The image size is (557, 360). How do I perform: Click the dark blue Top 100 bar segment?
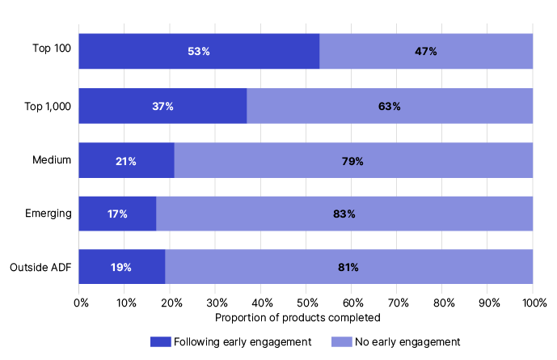[x=199, y=51]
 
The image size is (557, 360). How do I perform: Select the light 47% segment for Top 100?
[x=426, y=51]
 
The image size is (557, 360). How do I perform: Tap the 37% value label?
[x=162, y=106]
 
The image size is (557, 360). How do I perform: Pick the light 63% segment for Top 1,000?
[x=390, y=106]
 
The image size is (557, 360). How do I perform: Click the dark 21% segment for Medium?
[x=126, y=161]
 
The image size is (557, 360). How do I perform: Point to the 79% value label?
[x=352, y=161]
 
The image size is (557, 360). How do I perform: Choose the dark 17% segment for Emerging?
[x=117, y=214]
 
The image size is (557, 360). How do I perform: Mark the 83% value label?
[x=344, y=214]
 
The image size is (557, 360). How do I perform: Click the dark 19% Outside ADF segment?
[x=122, y=267]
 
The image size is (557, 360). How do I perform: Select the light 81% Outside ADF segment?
[x=348, y=267]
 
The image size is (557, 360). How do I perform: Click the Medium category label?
[x=53, y=159]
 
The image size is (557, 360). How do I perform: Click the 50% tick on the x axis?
[x=306, y=303]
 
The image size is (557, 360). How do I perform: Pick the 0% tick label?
[x=81, y=303]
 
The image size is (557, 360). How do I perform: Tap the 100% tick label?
[x=534, y=303]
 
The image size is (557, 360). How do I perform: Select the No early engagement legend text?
[x=404, y=342]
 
